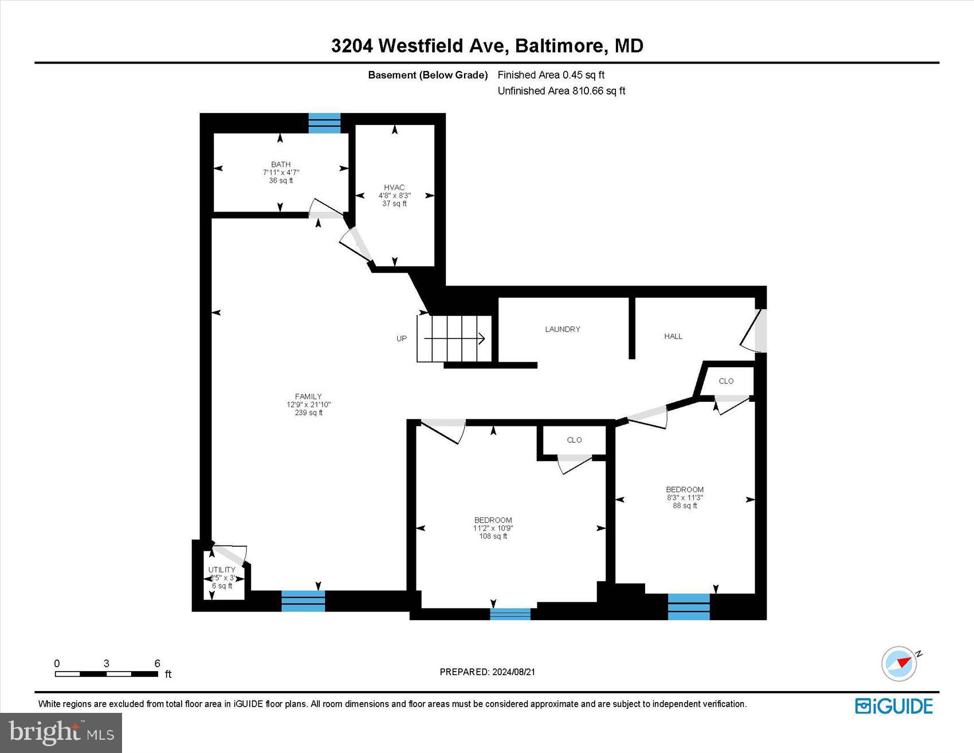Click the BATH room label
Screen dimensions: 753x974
281,165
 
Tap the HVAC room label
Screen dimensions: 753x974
394,188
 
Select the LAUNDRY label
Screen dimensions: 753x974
562,330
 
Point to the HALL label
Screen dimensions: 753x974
673,336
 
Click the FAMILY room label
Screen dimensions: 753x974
308,397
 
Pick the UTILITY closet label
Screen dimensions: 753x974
222,570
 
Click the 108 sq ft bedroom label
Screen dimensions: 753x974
493,521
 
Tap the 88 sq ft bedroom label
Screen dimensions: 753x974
685,490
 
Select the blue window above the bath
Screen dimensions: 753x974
324,123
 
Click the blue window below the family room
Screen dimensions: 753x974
303,601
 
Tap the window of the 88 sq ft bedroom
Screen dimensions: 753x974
689,607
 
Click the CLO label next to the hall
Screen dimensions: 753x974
726,381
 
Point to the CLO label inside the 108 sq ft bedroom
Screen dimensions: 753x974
574,440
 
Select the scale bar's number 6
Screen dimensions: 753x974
157,664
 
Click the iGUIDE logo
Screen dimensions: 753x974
894,706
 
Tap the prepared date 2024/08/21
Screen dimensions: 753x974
513,672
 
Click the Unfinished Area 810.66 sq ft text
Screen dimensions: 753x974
561,91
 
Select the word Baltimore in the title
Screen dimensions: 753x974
560,46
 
